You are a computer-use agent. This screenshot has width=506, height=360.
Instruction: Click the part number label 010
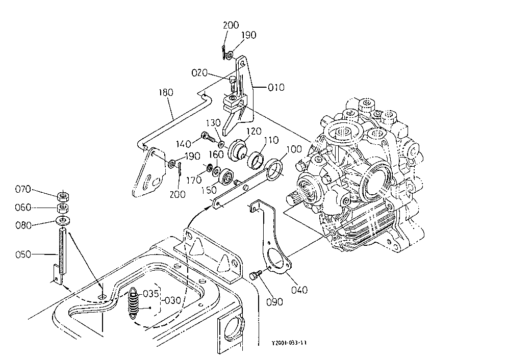click(276, 87)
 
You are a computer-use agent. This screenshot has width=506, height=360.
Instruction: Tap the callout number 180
click(166, 93)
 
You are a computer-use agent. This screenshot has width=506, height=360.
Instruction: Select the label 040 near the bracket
click(299, 290)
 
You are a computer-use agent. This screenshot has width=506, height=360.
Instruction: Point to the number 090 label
click(274, 302)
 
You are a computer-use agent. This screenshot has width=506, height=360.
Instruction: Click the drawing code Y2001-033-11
click(289, 343)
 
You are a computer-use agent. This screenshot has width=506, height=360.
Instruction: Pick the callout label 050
click(23, 254)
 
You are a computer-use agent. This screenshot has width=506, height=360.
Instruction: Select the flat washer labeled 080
click(64, 221)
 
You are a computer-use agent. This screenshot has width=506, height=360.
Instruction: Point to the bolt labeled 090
click(255, 276)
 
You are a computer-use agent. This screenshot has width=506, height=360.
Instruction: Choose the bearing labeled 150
click(226, 176)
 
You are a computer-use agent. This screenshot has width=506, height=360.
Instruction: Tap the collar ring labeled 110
click(256, 160)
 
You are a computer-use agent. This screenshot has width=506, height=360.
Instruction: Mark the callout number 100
click(294, 149)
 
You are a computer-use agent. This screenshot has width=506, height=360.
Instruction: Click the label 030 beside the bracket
click(172, 301)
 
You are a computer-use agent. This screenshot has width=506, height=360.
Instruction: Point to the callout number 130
click(213, 123)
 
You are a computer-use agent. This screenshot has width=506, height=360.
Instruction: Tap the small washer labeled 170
click(209, 167)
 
